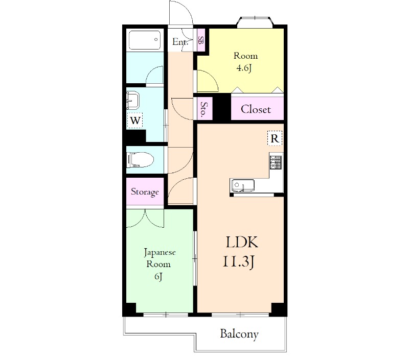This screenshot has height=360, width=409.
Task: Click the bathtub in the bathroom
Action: [x=145, y=40]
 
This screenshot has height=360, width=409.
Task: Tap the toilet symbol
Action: [x=140, y=160]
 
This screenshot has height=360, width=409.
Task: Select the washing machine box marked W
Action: [x=135, y=121]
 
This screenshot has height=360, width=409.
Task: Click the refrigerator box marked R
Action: [x=275, y=138]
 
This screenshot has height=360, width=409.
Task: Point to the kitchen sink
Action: [x=242, y=185]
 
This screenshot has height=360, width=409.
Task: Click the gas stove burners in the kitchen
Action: [x=276, y=162]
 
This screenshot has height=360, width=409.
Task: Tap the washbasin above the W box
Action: [x=133, y=100]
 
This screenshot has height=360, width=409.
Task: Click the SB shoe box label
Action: [x=200, y=40]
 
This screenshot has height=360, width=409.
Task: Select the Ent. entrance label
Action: [x=180, y=42]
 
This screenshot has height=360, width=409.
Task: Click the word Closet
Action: [x=256, y=109]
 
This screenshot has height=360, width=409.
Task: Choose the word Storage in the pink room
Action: [x=145, y=192]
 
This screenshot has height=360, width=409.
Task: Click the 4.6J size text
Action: [x=244, y=68]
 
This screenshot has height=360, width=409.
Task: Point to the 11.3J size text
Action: [x=238, y=262]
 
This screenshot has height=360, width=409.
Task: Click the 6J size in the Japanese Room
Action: [x=158, y=276]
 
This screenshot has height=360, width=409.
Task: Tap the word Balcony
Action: [x=239, y=334]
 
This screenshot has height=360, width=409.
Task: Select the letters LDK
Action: [x=242, y=242]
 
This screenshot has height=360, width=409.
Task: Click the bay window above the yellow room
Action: [x=255, y=22]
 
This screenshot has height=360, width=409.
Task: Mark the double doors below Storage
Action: [x=145, y=218]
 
